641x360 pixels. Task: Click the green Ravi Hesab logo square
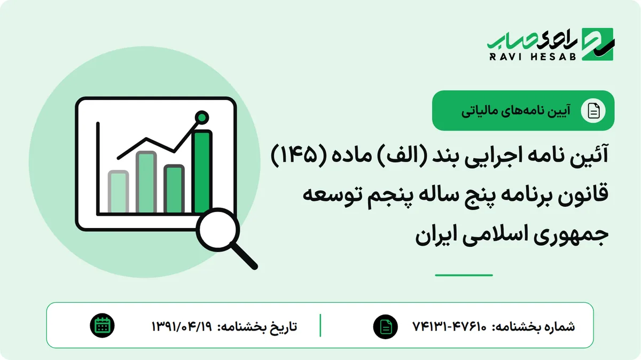[598, 44]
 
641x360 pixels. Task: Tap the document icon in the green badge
[593, 111]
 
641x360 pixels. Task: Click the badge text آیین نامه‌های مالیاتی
[515, 111]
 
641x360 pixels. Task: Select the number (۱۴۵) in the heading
[294, 155]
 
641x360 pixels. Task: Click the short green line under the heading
[464, 275]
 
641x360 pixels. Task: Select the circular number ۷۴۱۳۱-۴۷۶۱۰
[449, 326]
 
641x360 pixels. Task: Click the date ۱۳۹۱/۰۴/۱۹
[182, 326]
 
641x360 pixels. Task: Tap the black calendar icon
[102, 326]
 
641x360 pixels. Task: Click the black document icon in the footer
[386, 326]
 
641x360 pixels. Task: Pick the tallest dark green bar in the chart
[202, 171]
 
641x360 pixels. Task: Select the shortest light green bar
[118, 192]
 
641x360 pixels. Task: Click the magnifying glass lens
[218, 230]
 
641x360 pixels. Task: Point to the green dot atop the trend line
[202, 118]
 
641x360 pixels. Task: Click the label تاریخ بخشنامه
[257, 326]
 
